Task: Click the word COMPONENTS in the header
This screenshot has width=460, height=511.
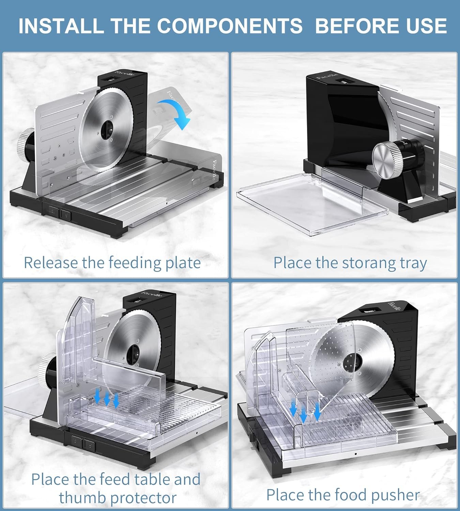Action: click(229, 26)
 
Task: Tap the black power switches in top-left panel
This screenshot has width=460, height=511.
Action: click(60, 214)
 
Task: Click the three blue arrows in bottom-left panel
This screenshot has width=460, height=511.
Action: click(107, 398)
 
